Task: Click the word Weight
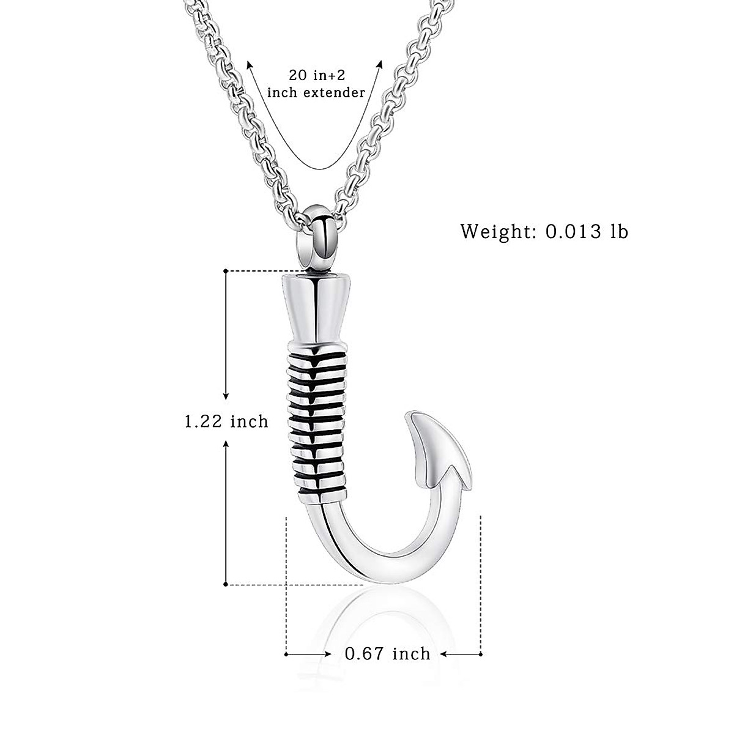[497, 232]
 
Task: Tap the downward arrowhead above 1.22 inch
[226, 397]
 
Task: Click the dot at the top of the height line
[226, 270]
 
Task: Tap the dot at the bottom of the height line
[226, 584]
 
